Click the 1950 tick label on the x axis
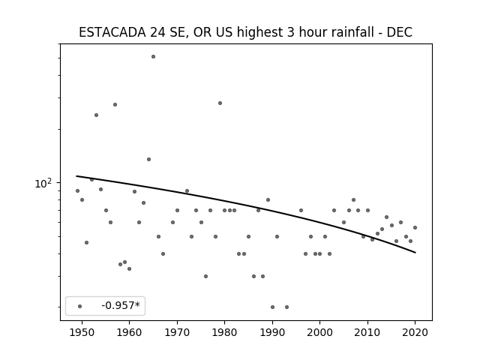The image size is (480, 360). (82, 332)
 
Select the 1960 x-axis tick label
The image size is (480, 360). (129, 332)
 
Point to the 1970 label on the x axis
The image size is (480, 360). (177, 332)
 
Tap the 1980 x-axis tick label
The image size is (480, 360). (224, 332)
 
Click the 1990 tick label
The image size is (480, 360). (272, 332)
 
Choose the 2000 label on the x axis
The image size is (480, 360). (320, 332)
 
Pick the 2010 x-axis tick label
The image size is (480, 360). (367, 332)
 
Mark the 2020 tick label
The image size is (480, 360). (415, 332)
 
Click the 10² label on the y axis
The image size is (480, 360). (43, 183)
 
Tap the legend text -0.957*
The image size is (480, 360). (121, 305)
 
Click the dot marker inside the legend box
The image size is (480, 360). (79, 306)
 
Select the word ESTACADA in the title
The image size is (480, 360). (112, 32)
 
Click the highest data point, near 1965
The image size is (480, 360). (153, 57)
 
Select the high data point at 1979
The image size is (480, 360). (220, 103)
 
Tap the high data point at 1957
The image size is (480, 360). (115, 105)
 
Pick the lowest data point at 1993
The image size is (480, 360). (286, 307)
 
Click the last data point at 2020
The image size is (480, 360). (415, 228)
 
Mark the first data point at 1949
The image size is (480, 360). (77, 191)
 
